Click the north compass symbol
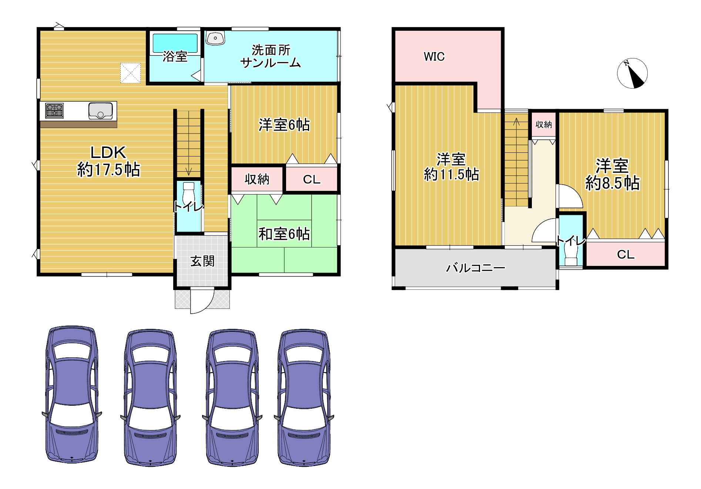click(x=632, y=73)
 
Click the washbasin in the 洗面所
click(x=215, y=38)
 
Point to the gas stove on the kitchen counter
click(x=54, y=111)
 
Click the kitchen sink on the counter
click(x=100, y=111)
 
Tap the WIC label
click(x=434, y=57)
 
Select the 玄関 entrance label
click(x=202, y=261)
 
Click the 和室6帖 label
click(x=284, y=234)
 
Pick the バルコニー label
click(x=475, y=267)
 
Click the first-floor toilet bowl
click(x=188, y=193)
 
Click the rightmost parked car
click(x=304, y=397)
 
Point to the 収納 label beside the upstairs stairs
click(x=544, y=125)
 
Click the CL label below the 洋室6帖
click(x=312, y=179)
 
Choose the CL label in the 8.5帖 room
click(x=625, y=254)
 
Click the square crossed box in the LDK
click(x=130, y=73)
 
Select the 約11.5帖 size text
click(x=451, y=174)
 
